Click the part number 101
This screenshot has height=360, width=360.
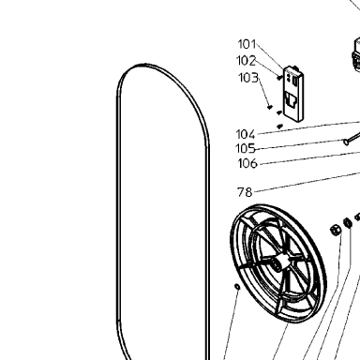click(247, 44)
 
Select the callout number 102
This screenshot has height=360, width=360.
click(246, 61)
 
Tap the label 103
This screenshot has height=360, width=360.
click(248, 78)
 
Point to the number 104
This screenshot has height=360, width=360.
click(246, 134)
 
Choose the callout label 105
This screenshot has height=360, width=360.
click(246, 148)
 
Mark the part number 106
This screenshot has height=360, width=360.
click(247, 163)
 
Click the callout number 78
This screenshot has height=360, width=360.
click(245, 192)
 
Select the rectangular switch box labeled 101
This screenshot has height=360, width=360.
click(293, 94)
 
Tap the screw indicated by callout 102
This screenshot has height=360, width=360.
click(279, 77)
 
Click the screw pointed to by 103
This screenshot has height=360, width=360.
click(270, 107)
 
